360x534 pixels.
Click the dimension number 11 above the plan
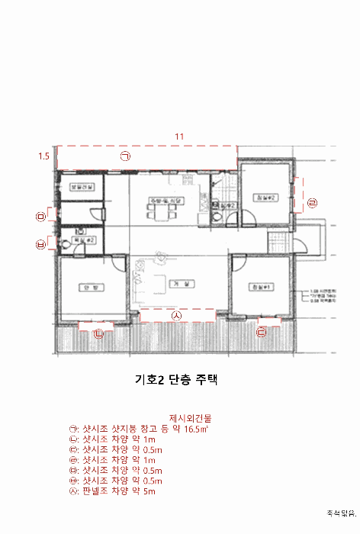click(x=180, y=137)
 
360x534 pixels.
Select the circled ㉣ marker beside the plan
click(x=312, y=202)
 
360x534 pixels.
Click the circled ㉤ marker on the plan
click(x=40, y=217)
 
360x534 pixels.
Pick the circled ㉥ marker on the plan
click(x=40, y=244)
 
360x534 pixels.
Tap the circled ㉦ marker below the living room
click(x=176, y=314)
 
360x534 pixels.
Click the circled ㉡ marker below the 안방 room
click(x=98, y=333)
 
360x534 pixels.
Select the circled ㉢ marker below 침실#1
click(x=262, y=332)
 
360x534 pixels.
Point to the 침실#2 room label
click(x=264, y=197)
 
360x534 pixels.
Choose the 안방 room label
click(x=87, y=287)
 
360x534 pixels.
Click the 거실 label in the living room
click(x=180, y=283)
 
